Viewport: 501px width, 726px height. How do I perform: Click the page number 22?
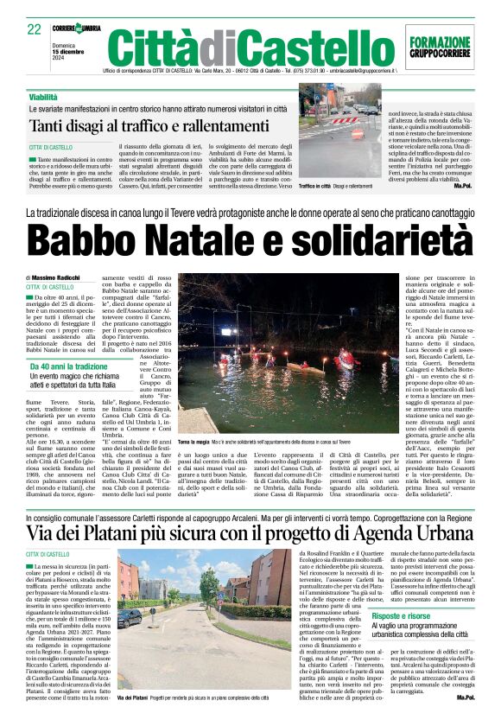[35, 28]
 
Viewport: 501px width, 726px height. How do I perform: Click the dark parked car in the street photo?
[130, 619]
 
